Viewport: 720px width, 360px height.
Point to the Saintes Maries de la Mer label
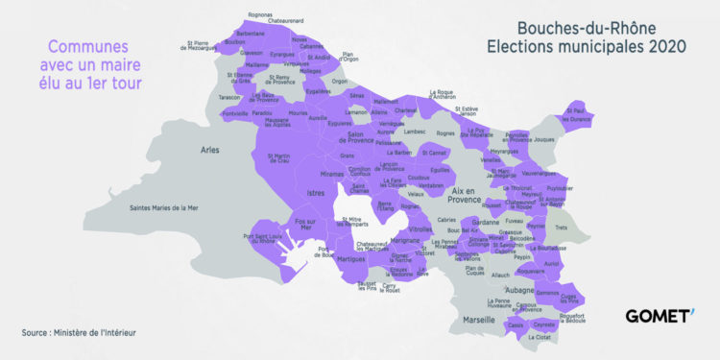pos(171,206)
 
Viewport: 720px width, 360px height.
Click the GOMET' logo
pos(659,316)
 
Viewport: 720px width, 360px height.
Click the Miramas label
pos(331,175)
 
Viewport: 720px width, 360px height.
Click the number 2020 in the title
pos(661,46)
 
